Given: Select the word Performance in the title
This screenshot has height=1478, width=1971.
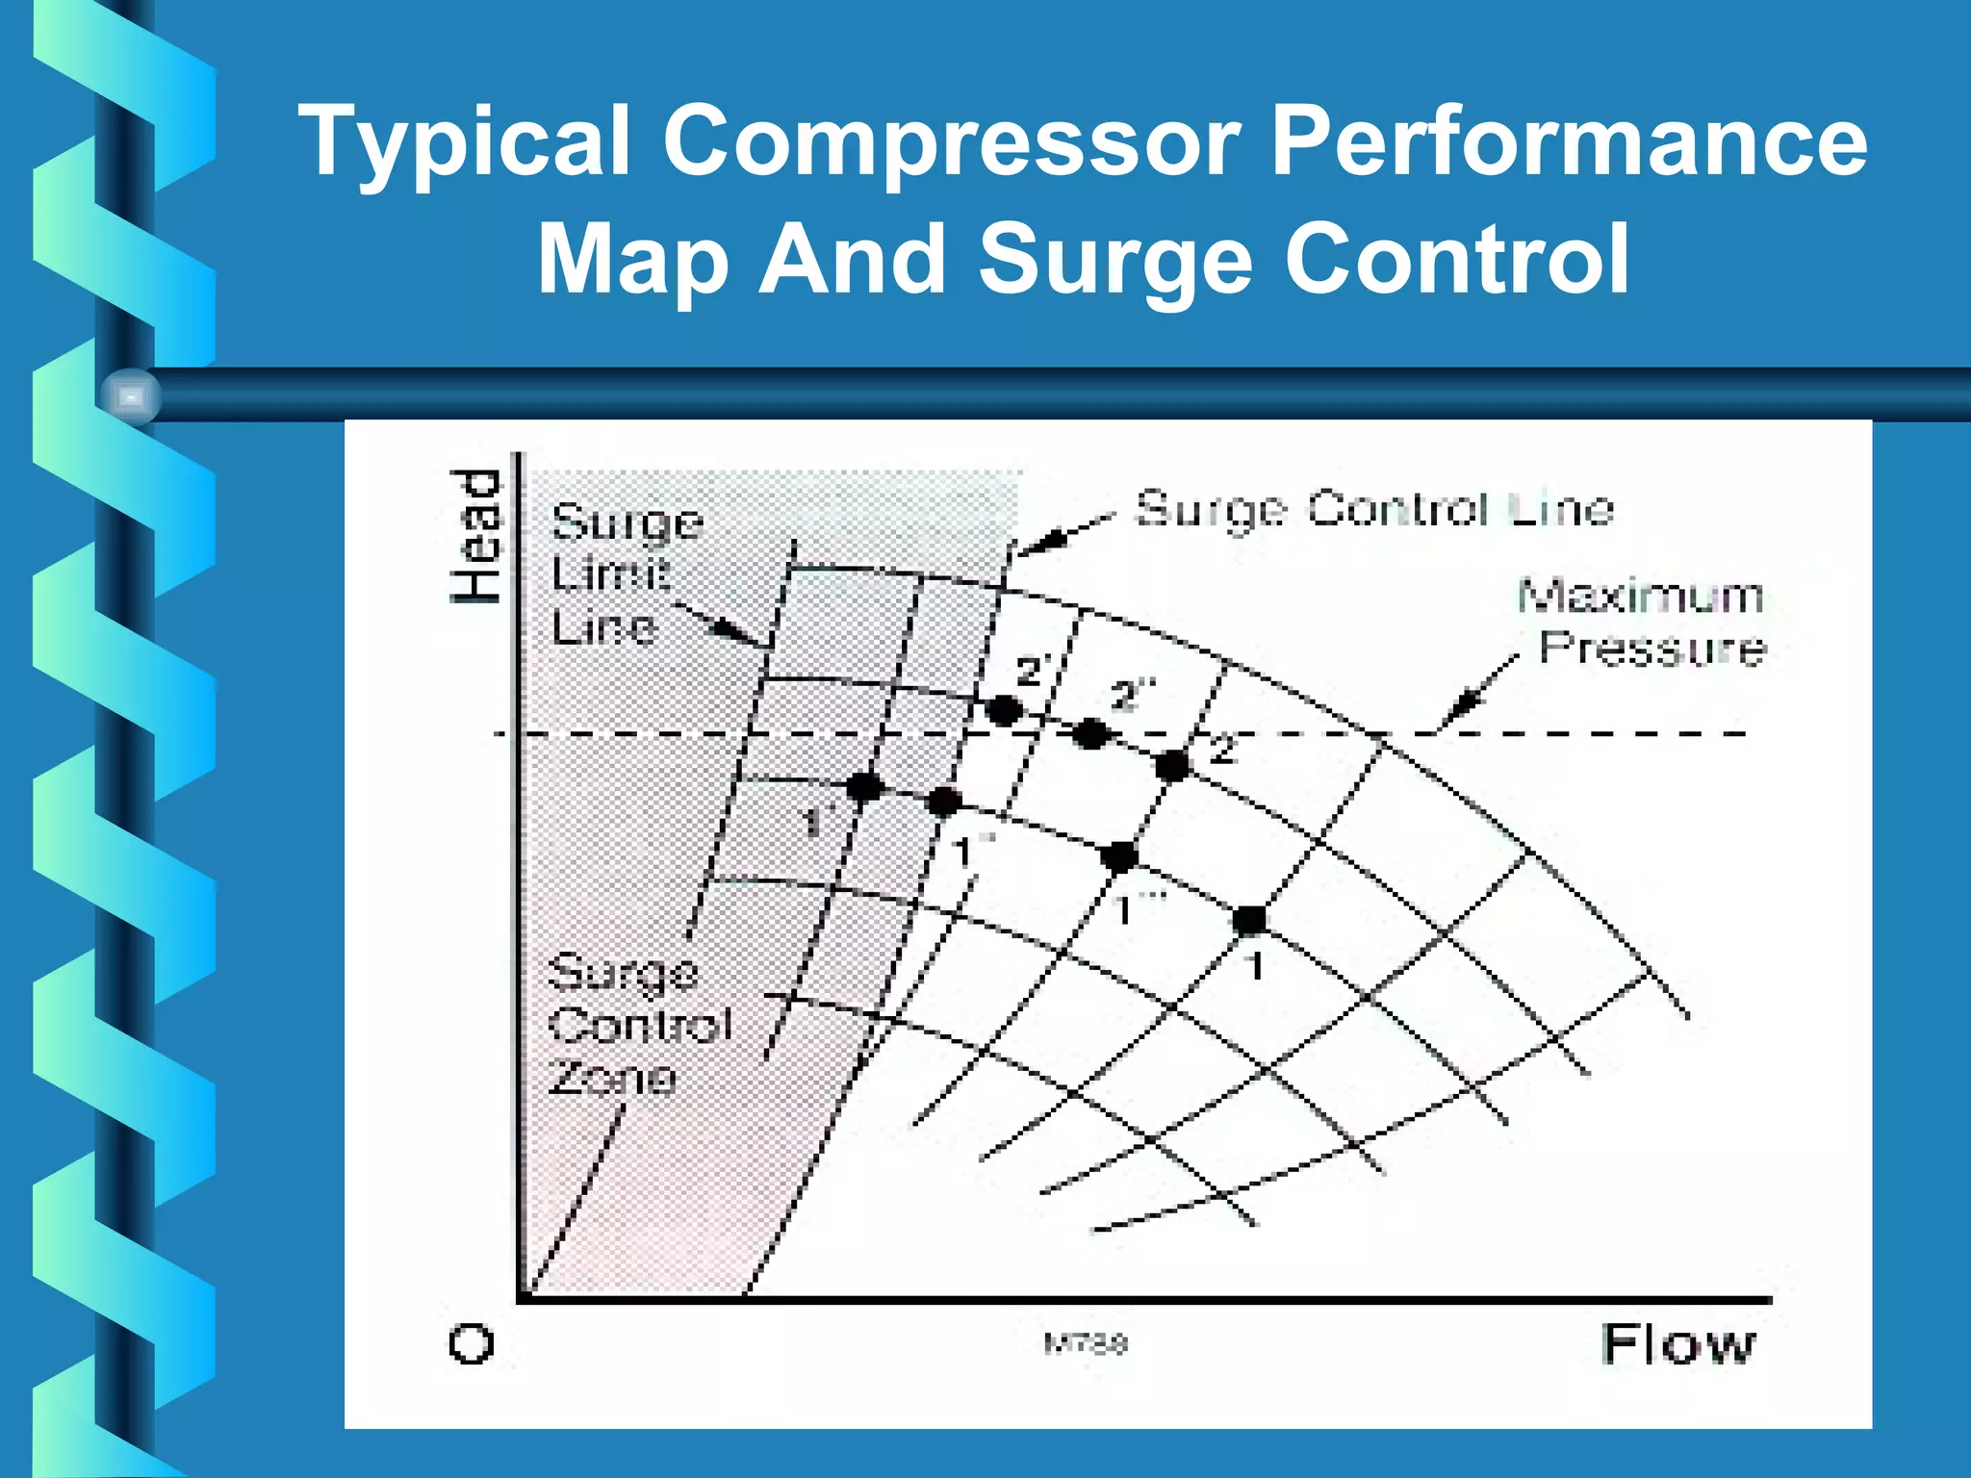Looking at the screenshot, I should click(1569, 142).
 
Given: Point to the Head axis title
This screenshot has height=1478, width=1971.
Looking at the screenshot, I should click(476, 536).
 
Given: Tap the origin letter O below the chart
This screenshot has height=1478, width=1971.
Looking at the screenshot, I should click(472, 1343).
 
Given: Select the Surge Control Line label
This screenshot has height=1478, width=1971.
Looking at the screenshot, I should click(1374, 508).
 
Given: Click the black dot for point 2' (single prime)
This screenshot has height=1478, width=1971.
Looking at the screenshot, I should click(1005, 711).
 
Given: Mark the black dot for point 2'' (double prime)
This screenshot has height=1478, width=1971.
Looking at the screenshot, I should click(1091, 734).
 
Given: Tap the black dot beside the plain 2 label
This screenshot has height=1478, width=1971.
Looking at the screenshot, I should click(1173, 766).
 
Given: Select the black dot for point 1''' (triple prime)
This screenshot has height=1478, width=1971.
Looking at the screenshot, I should click(1119, 855).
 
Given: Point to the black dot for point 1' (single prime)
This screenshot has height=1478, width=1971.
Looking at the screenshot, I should click(863, 787).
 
